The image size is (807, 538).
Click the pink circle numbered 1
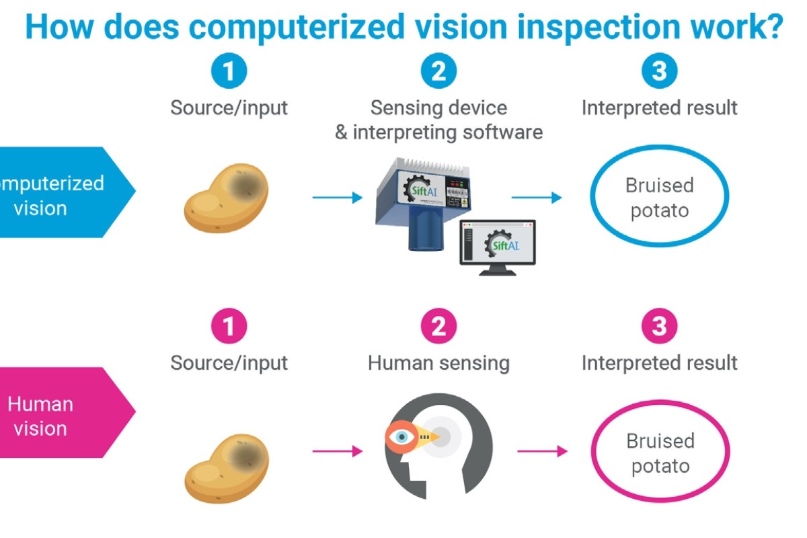click(229, 327)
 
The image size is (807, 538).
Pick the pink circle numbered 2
click(438, 327)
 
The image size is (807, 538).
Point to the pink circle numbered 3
click(659, 327)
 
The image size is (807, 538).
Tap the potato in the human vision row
click(226, 467)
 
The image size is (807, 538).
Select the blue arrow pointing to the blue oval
click(537, 198)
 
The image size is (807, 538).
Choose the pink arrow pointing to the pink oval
click(542, 451)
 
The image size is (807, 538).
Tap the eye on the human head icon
click(402, 437)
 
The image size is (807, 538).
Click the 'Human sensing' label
click(438, 364)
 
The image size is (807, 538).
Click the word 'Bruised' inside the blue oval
click(659, 186)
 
